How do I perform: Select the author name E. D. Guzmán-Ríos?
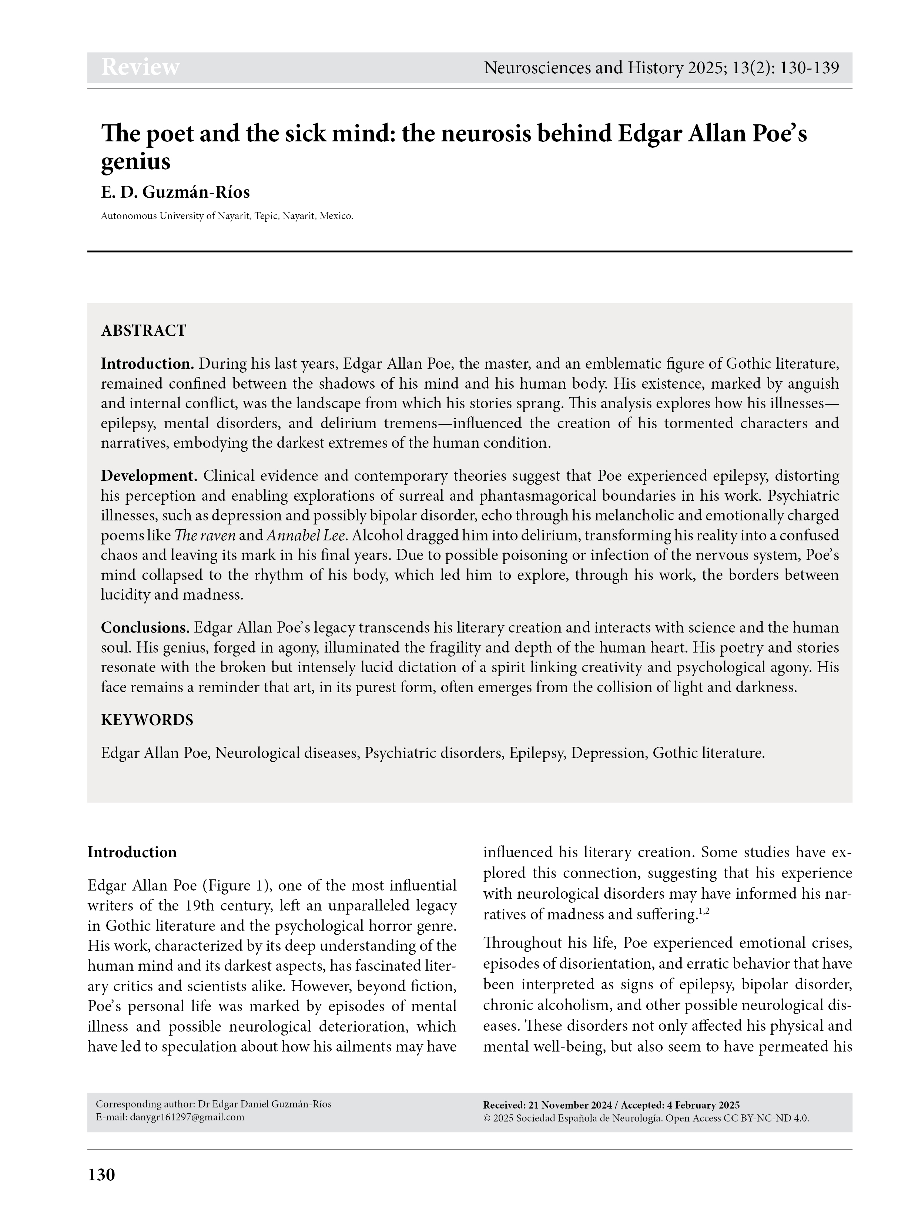(x=175, y=192)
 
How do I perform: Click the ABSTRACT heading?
(x=143, y=331)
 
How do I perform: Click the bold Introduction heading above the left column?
(x=132, y=852)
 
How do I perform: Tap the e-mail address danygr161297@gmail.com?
(x=187, y=1117)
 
